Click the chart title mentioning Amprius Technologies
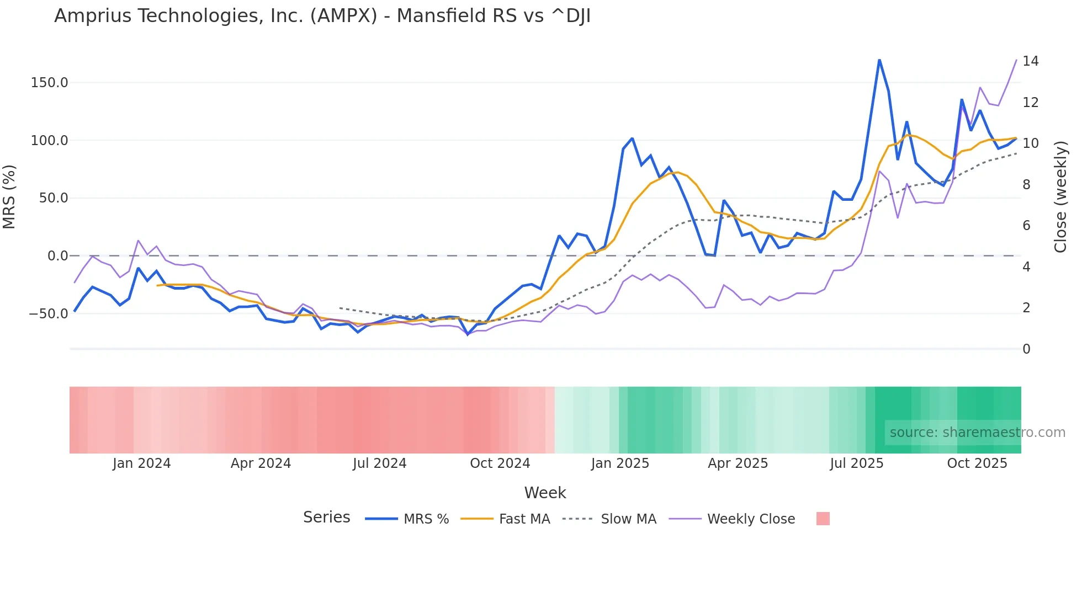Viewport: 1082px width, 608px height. click(322, 16)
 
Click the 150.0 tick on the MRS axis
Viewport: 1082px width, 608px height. click(49, 83)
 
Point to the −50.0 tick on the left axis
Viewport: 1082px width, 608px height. click(49, 314)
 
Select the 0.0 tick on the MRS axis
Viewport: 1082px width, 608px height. click(57, 256)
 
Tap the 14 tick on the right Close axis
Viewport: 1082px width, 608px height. click(1030, 61)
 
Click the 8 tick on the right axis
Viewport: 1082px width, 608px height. click(1026, 185)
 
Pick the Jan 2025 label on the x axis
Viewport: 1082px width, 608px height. click(620, 463)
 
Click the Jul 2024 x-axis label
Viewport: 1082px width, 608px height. click(380, 463)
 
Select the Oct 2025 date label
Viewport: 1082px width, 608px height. click(977, 463)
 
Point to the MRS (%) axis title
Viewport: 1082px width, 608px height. click(9, 197)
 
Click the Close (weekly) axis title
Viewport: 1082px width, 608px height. click(1060, 197)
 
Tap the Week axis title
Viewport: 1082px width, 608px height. click(545, 493)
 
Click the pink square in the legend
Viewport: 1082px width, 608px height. click(823, 519)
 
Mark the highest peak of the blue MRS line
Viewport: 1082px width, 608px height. click(879, 60)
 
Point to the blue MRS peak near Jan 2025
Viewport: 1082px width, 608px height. click(632, 138)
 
